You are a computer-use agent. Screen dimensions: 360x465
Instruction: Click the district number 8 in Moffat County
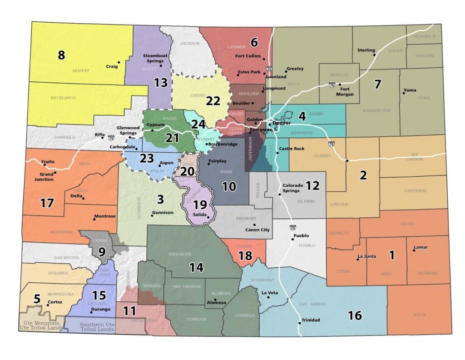click(61, 55)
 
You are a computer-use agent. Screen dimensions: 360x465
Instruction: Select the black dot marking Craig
click(119, 62)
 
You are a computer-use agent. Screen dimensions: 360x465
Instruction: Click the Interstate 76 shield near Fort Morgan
click(332, 85)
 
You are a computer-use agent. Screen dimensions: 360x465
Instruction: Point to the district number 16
click(356, 315)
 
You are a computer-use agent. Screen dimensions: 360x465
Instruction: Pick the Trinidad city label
click(311, 320)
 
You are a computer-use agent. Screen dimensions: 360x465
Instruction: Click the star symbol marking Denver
click(269, 124)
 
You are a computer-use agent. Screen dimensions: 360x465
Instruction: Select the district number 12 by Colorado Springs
click(312, 185)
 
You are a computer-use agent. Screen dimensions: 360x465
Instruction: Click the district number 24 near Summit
click(198, 124)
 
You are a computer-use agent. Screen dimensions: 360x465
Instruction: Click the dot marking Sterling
click(375, 55)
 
